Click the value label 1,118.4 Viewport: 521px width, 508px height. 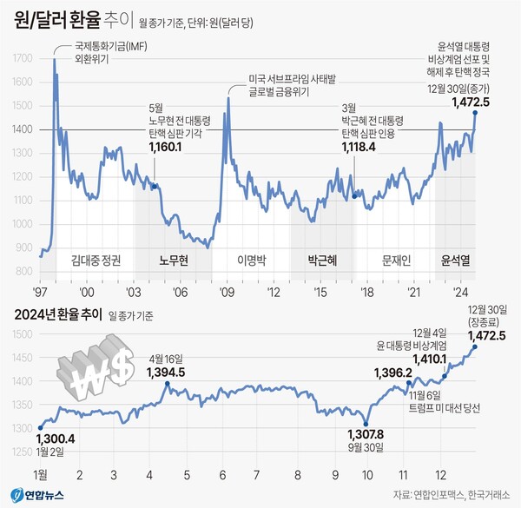[x=357, y=148]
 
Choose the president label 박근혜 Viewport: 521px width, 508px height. [x=321, y=260]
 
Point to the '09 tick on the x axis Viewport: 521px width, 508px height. [x=227, y=293]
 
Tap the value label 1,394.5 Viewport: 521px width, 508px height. [x=166, y=373]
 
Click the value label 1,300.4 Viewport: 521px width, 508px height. [x=56, y=438]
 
